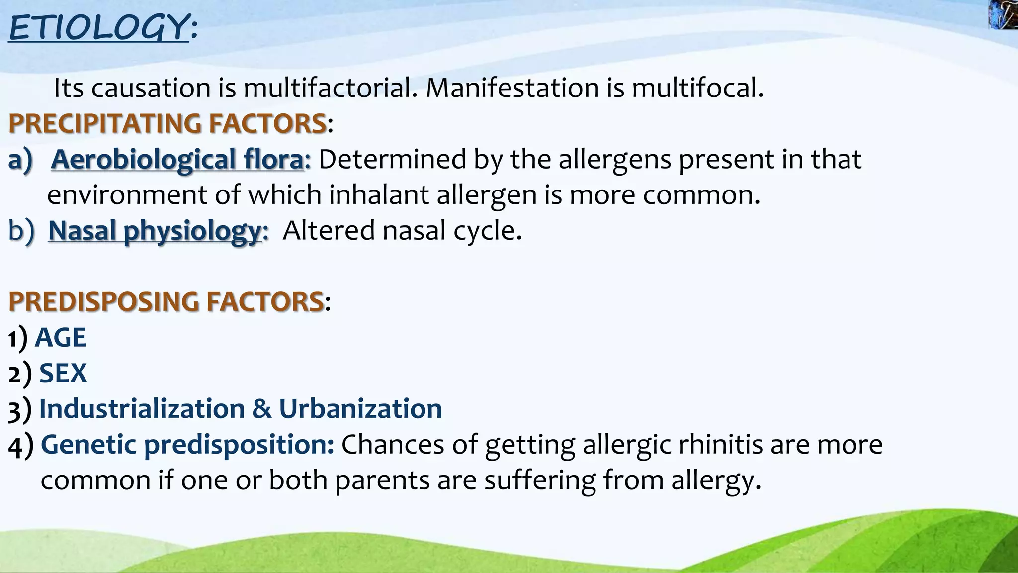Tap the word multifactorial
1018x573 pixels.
330,89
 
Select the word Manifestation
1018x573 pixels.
512,89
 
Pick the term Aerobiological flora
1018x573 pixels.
177,160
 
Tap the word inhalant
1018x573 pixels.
378,195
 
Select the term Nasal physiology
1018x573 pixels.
155,231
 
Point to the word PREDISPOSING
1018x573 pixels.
103,302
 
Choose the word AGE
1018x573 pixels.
61,338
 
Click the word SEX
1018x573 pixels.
63,373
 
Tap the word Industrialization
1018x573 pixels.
142,409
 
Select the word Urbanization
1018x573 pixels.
360,409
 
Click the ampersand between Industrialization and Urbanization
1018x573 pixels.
261,409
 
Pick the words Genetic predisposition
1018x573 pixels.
187,445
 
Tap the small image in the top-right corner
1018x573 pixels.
1003,14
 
